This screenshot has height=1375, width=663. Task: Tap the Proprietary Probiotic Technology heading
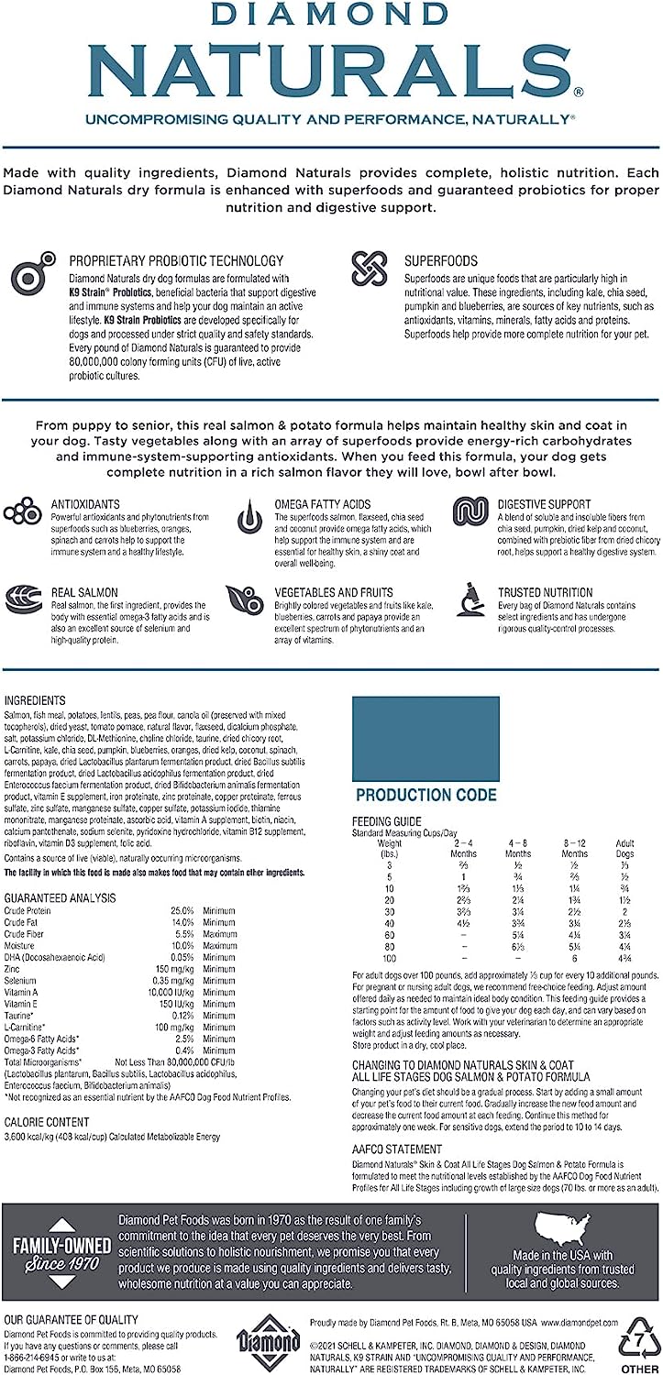click(176, 260)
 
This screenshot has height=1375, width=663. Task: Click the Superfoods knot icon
click(370, 269)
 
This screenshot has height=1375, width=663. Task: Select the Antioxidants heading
click(85, 504)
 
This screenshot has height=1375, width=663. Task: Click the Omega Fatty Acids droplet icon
click(249, 518)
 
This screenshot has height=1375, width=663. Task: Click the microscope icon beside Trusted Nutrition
click(471, 598)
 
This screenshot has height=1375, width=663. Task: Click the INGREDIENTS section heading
click(35, 700)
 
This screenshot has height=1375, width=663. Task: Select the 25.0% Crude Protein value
click(182, 909)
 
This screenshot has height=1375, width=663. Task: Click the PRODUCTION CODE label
click(425, 795)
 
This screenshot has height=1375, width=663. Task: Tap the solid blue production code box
click(425, 738)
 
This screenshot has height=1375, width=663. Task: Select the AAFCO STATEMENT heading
click(397, 1149)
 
